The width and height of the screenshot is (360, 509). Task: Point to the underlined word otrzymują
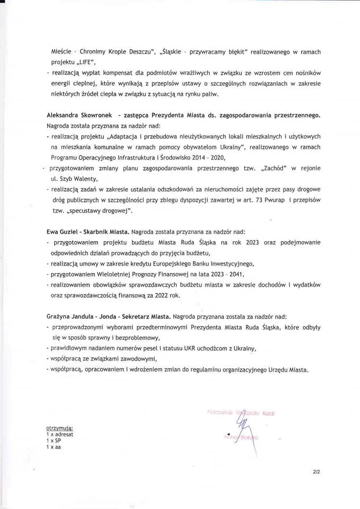pos(59,427)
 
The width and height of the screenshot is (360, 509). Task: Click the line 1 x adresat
pos(59,434)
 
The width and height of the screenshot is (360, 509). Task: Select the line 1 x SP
pos(54,441)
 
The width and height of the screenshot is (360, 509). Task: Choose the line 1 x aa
pos(54,447)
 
